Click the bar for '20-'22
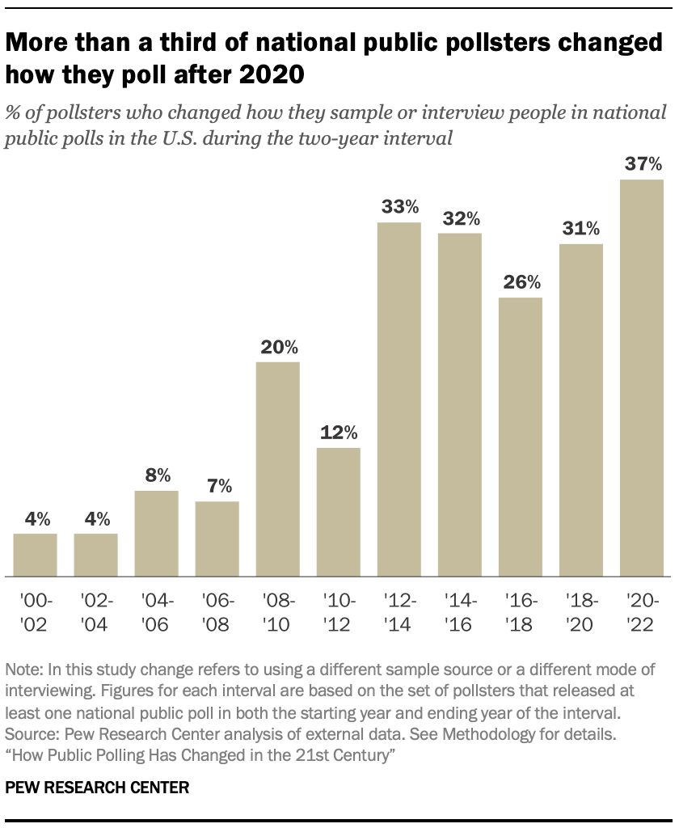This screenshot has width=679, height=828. (641, 378)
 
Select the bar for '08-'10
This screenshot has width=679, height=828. (277, 469)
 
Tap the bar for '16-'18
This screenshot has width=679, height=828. (520, 437)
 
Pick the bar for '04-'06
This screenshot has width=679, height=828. (156, 534)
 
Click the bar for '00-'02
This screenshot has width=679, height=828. (35, 555)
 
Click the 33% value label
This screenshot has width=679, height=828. (399, 208)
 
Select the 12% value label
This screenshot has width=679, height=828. (338, 433)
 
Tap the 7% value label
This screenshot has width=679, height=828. (217, 486)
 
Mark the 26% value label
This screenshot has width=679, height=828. (521, 283)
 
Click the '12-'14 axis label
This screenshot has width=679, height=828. (399, 612)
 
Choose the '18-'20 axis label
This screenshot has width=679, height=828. (581, 612)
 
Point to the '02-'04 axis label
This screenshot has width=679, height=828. (96, 612)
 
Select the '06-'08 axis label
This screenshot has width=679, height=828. (217, 612)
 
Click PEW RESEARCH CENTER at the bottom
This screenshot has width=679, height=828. (97, 787)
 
